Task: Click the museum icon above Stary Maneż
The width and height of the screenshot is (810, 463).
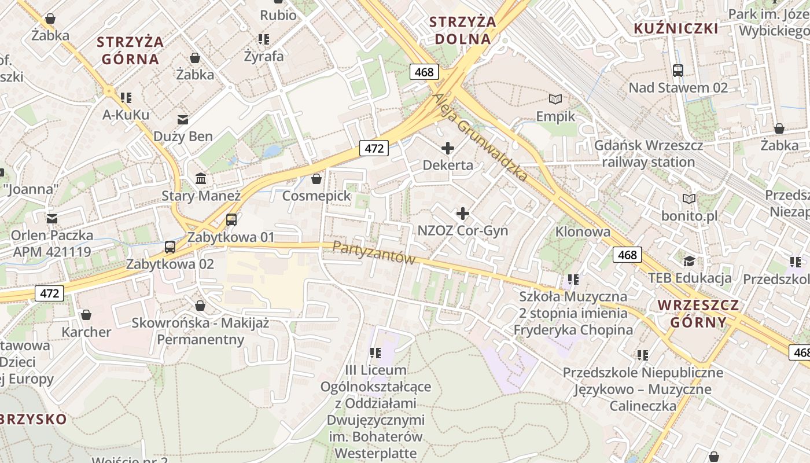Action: pyautogui.click(x=201, y=178)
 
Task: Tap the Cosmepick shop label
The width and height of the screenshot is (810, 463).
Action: pyautogui.click(x=316, y=196)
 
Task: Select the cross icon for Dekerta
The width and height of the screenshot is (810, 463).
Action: pyautogui.click(x=447, y=148)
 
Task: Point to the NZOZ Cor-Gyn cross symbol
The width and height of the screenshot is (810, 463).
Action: pyautogui.click(x=463, y=214)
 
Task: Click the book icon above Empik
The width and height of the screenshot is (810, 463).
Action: pyautogui.click(x=555, y=100)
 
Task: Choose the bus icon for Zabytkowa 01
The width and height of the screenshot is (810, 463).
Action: pyautogui.click(x=231, y=220)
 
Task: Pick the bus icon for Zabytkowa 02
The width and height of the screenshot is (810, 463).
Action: pyautogui.click(x=170, y=247)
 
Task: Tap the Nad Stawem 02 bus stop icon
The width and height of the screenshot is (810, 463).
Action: pyautogui.click(x=678, y=71)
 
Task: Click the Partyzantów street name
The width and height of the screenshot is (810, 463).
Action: pyautogui.click(x=374, y=253)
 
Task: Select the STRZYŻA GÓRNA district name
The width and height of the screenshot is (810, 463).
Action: pyautogui.click(x=130, y=50)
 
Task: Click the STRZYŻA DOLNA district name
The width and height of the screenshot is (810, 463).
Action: pyautogui.click(x=463, y=31)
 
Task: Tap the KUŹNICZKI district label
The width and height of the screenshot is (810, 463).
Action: pyautogui.click(x=676, y=29)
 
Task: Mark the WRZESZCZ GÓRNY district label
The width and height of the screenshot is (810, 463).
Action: pyautogui.click(x=698, y=314)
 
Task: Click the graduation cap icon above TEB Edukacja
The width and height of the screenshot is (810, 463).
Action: pyautogui.click(x=689, y=261)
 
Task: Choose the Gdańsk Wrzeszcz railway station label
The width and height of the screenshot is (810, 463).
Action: pyautogui.click(x=649, y=153)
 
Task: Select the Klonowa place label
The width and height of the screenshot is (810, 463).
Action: pyautogui.click(x=583, y=232)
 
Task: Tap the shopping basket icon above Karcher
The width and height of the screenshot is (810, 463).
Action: pyautogui.click(x=86, y=315)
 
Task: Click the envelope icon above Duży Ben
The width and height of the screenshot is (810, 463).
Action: pyautogui.click(x=183, y=120)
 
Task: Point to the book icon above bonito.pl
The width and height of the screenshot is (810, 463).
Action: pyautogui.click(x=689, y=199)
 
